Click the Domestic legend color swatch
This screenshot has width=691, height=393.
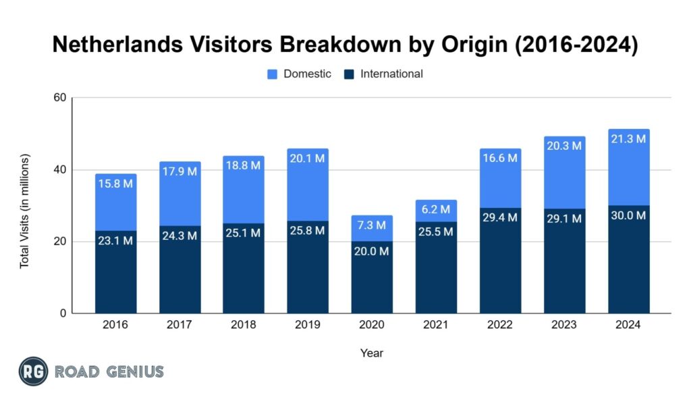point(273,74)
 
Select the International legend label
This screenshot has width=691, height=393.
point(391,74)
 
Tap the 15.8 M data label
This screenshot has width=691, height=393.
point(115,183)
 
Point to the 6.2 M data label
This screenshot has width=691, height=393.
point(436,209)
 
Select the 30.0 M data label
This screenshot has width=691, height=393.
point(628,215)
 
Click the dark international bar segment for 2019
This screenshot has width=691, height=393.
point(308,270)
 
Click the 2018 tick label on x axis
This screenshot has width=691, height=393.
point(244,325)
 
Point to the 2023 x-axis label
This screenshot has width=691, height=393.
point(564,325)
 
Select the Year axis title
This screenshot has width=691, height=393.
point(371,352)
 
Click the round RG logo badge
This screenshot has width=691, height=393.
point(32,371)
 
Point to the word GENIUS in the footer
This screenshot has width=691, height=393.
point(135,371)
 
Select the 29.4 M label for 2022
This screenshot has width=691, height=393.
point(500,217)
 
